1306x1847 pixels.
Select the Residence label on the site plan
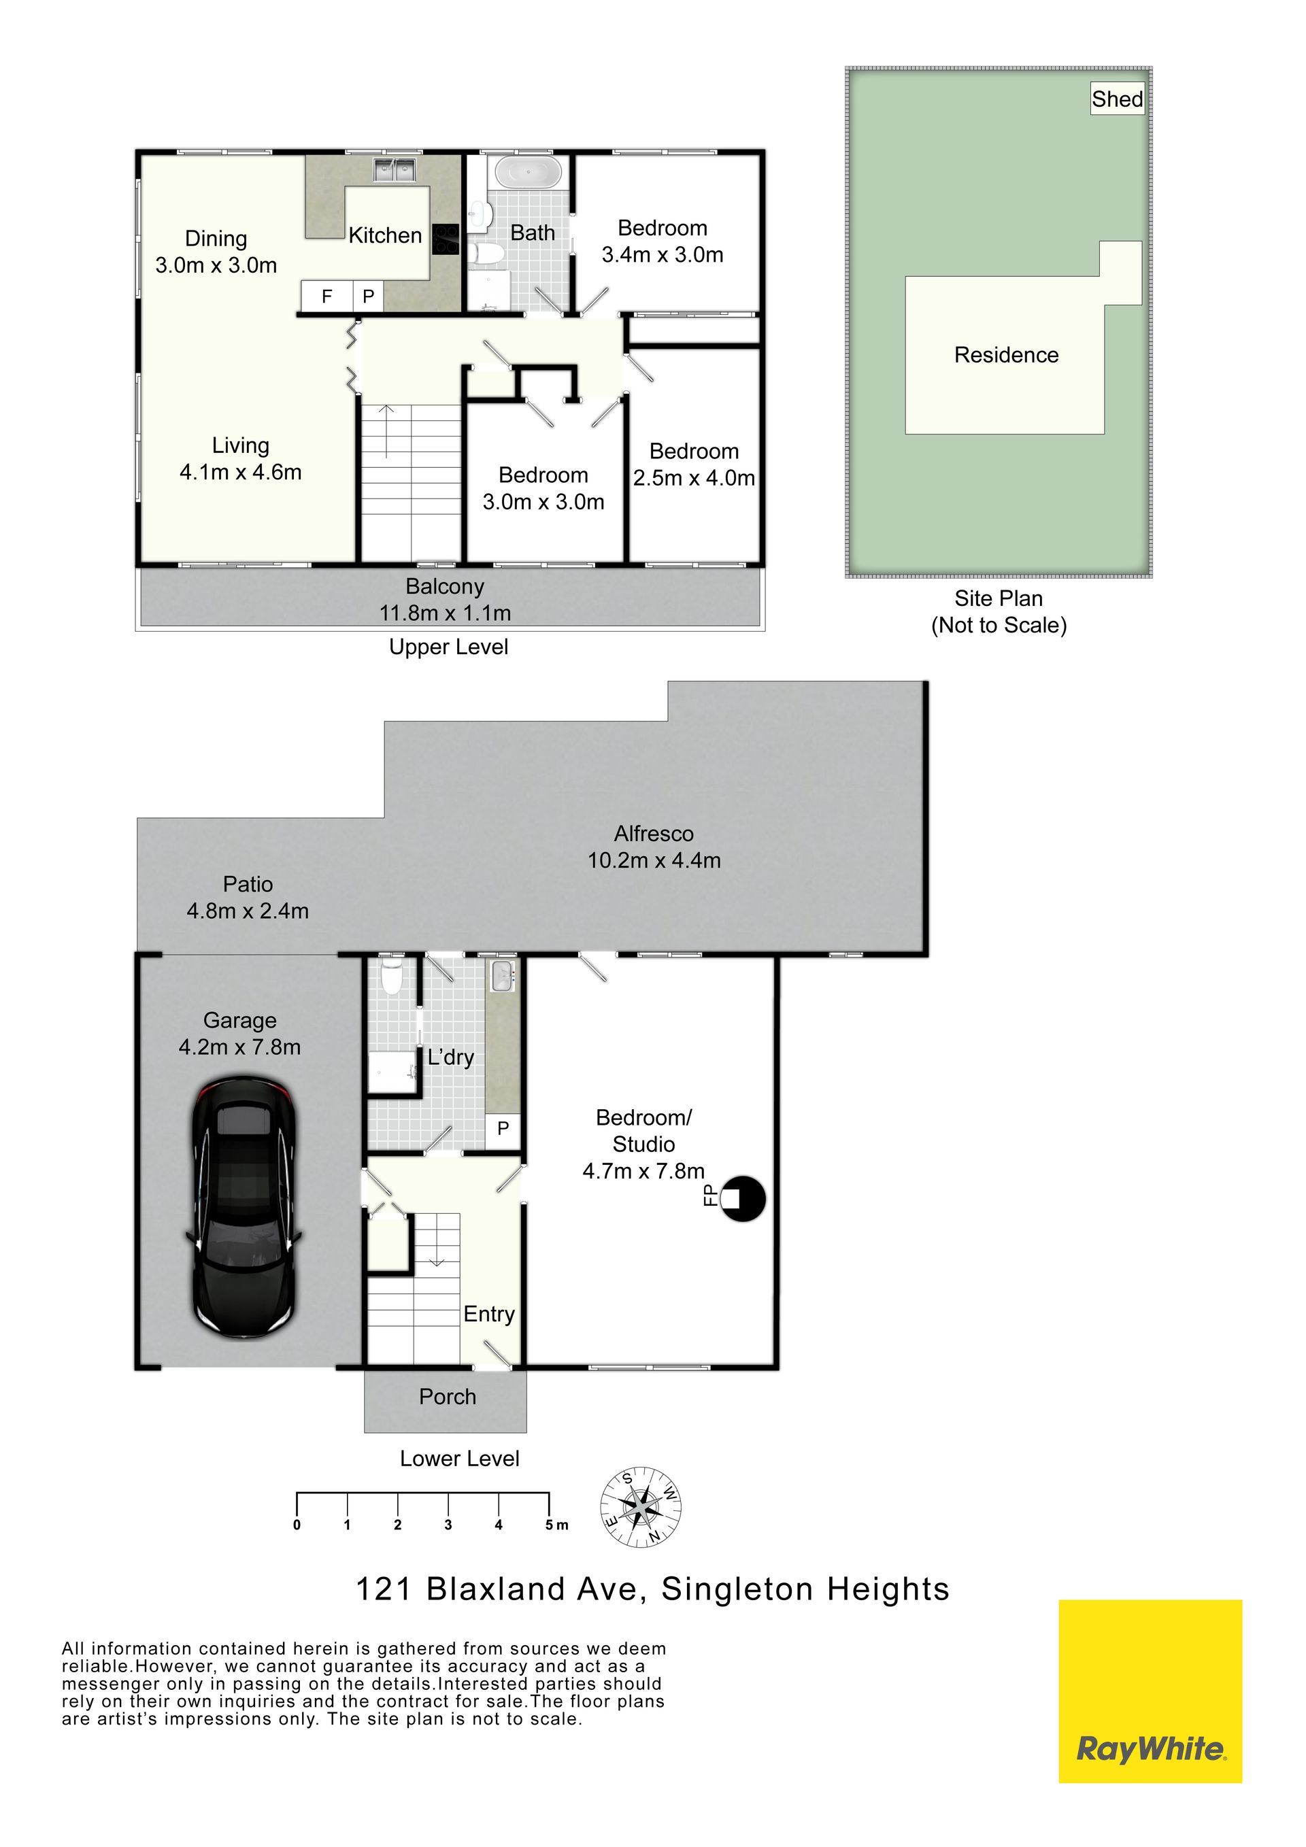coord(1006,355)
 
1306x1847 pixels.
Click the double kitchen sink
coord(393,170)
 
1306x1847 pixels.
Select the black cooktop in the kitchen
coord(445,239)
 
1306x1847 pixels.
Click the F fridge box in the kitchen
coord(326,296)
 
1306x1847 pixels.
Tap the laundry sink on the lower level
coord(502,975)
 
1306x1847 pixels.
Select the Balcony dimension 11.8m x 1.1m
coord(445,613)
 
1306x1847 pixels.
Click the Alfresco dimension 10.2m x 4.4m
coord(654,860)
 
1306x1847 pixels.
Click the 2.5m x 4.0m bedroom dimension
coord(694,478)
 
